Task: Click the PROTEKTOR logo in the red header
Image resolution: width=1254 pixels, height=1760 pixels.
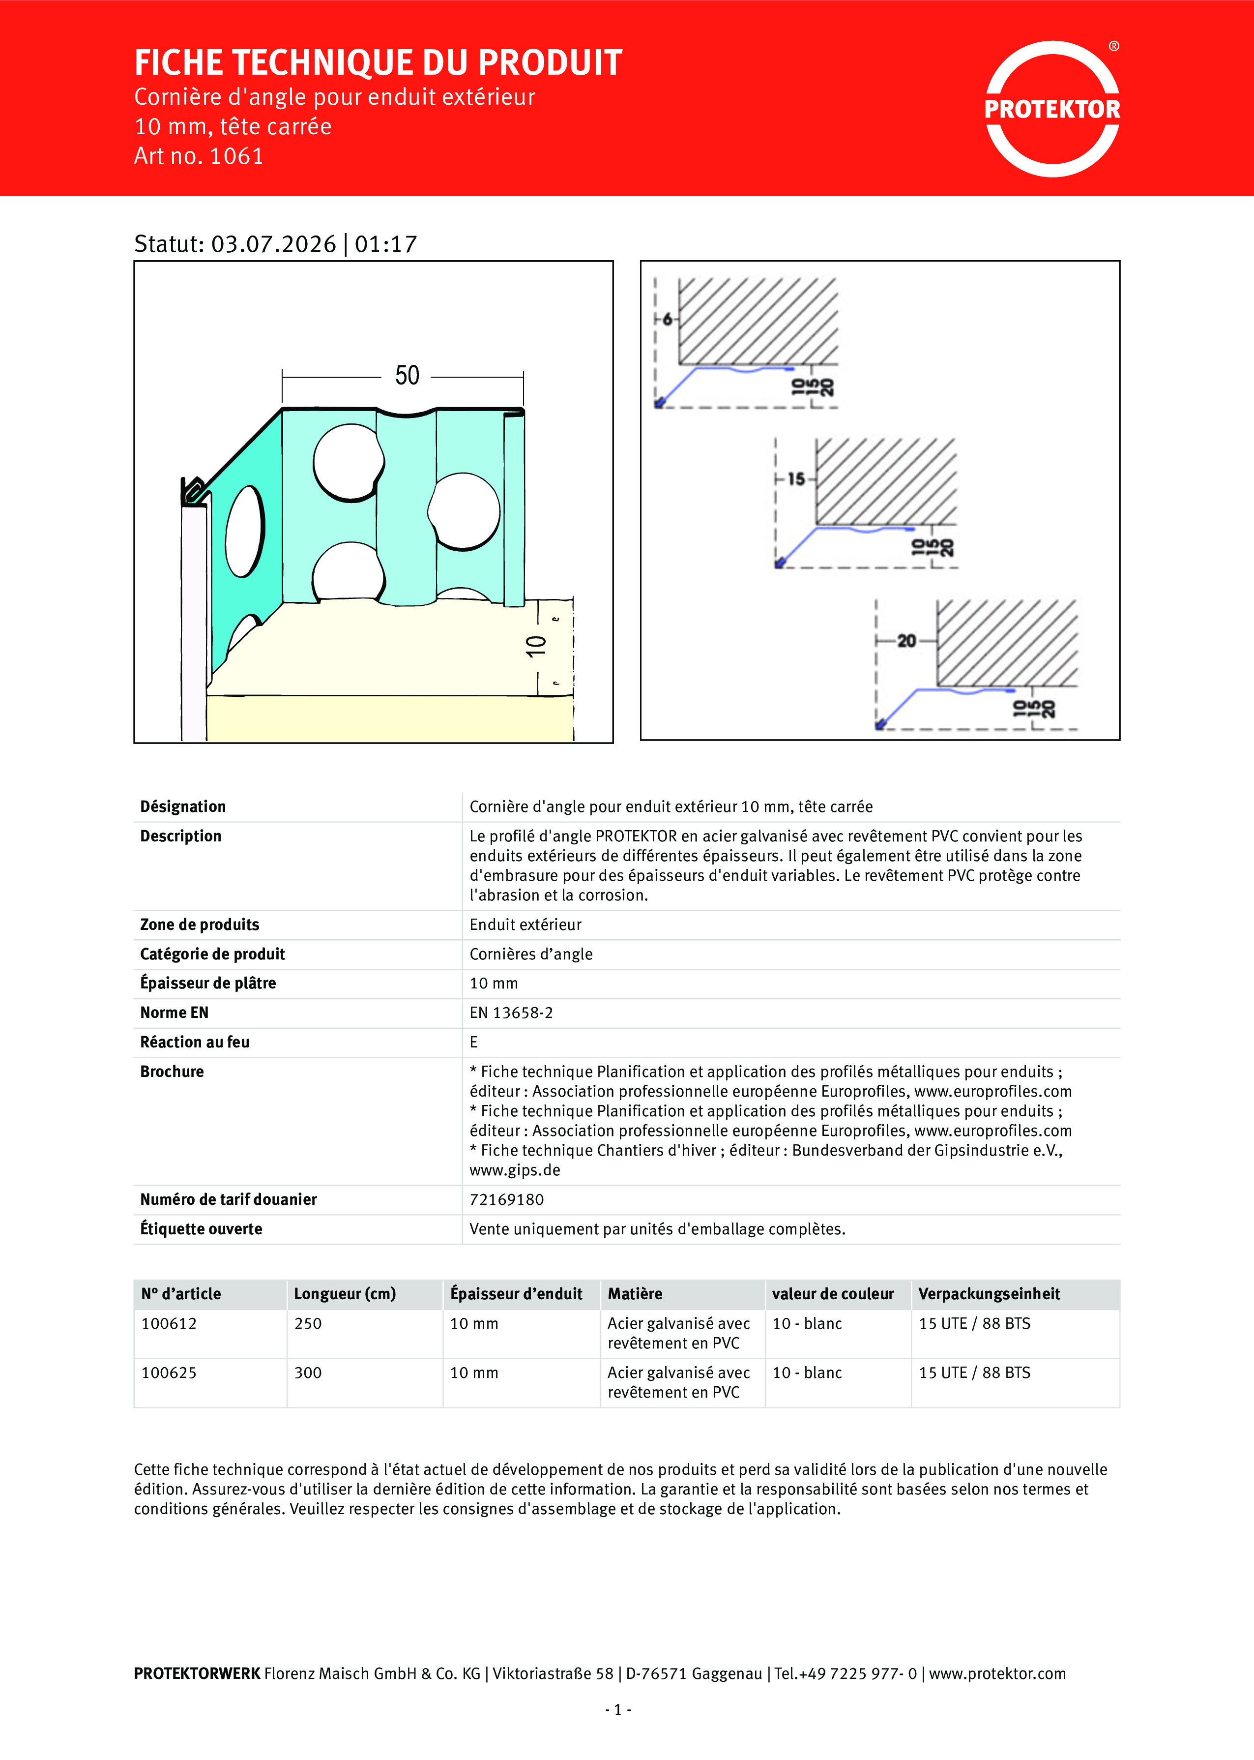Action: (x=1051, y=109)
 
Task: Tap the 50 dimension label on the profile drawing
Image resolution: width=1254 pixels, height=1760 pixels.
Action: (x=407, y=375)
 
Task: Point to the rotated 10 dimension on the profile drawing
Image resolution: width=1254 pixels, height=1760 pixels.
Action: (x=536, y=646)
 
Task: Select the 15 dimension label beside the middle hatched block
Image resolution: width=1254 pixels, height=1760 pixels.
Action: (x=796, y=479)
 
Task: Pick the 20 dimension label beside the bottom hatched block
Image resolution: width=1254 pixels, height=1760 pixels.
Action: (x=906, y=640)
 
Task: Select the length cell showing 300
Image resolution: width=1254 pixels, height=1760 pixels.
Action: (x=308, y=1372)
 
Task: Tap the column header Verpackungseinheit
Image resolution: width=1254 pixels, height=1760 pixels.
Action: (x=989, y=1293)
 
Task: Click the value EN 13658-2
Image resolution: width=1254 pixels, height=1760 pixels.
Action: (x=511, y=1013)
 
